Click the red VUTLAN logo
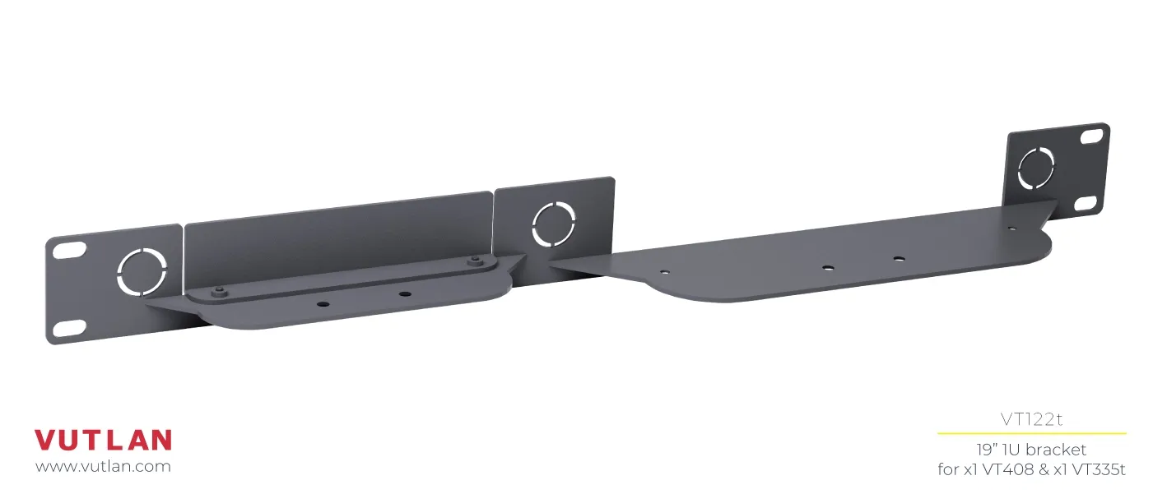point(103,440)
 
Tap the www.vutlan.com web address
point(103,467)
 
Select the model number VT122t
point(1031,419)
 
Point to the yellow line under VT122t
point(1031,433)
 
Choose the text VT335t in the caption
point(1097,469)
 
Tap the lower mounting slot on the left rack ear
point(69,328)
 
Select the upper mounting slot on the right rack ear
point(1090,136)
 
